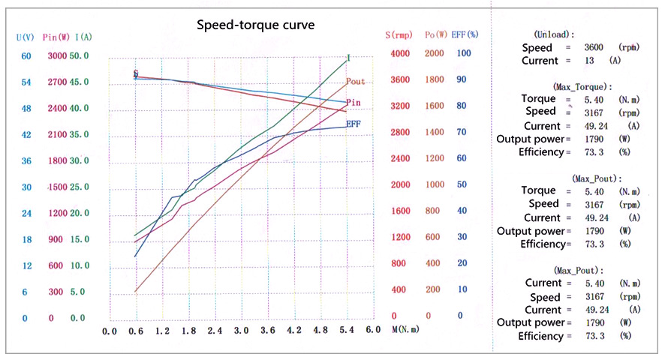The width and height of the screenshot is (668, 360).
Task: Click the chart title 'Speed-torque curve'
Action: pos(256,25)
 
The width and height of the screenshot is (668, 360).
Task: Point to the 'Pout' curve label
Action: pos(356,81)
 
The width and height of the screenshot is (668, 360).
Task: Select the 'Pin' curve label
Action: pos(354,101)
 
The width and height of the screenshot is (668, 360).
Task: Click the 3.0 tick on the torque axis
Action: pos(241,330)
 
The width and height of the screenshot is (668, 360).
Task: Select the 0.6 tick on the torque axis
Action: pos(136,330)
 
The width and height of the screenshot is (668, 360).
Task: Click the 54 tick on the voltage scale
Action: pos(26,82)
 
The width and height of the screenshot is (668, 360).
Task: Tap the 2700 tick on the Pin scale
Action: pos(58,82)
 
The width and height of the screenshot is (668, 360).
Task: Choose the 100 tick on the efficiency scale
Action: pos(464,54)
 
